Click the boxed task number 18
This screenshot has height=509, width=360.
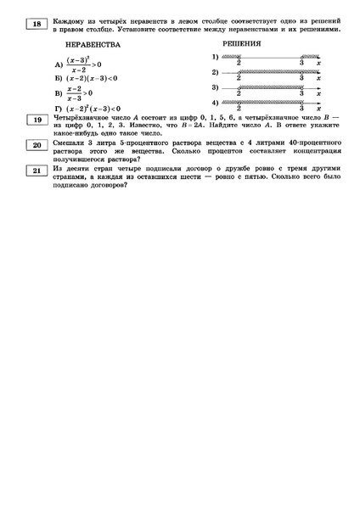[x=37, y=25]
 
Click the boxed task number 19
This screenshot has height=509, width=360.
[x=37, y=121]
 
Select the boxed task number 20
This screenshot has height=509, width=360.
[x=37, y=146]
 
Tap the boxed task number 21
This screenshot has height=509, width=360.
[x=37, y=172]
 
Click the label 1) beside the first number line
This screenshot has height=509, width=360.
[x=216, y=57]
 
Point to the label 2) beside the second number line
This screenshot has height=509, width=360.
[x=216, y=72]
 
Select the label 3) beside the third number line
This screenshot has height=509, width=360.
[x=216, y=87]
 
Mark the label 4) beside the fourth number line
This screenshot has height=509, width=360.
[x=216, y=103]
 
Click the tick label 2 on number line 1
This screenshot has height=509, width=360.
[x=240, y=63]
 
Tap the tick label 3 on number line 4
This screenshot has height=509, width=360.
[x=301, y=109]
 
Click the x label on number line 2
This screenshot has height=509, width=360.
[x=318, y=78]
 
